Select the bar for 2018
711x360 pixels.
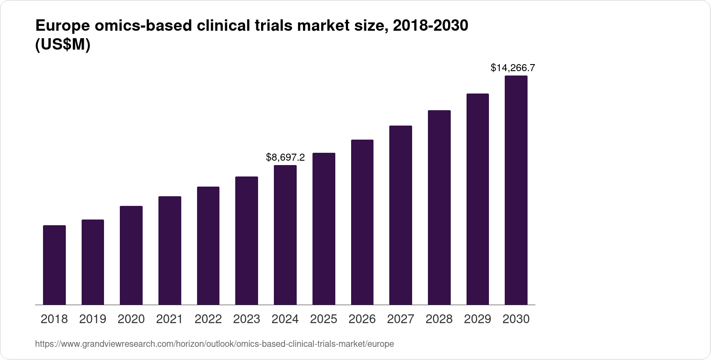pyautogui.click(x=54, y=265)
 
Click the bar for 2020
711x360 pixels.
pyautogui.click(x=131, y=255)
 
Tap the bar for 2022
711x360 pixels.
pyautogui.click(x=208, y=245)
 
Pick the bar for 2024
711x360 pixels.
pyautogui.click(x=285, y=235)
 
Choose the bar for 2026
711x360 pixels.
pyautogui.click(x=362, y=222)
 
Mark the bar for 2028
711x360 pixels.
pyautogui.click(x=439, y=207)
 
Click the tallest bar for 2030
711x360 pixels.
pyautogui.click(x=516, y=190)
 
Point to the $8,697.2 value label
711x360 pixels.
pyautogui.click(x=285, y=157)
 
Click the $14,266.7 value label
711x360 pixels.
pyautogui.click(x=513, y=68)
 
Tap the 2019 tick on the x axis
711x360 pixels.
pyautogui.click(x=93, y=319)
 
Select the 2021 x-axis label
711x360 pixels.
pyautogui.click(x=169, y=319)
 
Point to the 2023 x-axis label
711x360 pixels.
pyautogui.click(x=247, y=319)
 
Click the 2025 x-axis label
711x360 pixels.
pyautogui.click(x=323, y=319)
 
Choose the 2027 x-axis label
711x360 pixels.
pyautogui.click(x=401, y=319)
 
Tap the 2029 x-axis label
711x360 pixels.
pyautogui.click(x=478, y=319)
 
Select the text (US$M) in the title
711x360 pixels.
pyautogui.click(x=62, y=45)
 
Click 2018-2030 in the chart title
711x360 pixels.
pyautogui.click(x=431, y=26)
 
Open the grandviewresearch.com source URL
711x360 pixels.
pyautogui.click(x=214, y=344)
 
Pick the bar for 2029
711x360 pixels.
pyautogui.click(x=478, y=199)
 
